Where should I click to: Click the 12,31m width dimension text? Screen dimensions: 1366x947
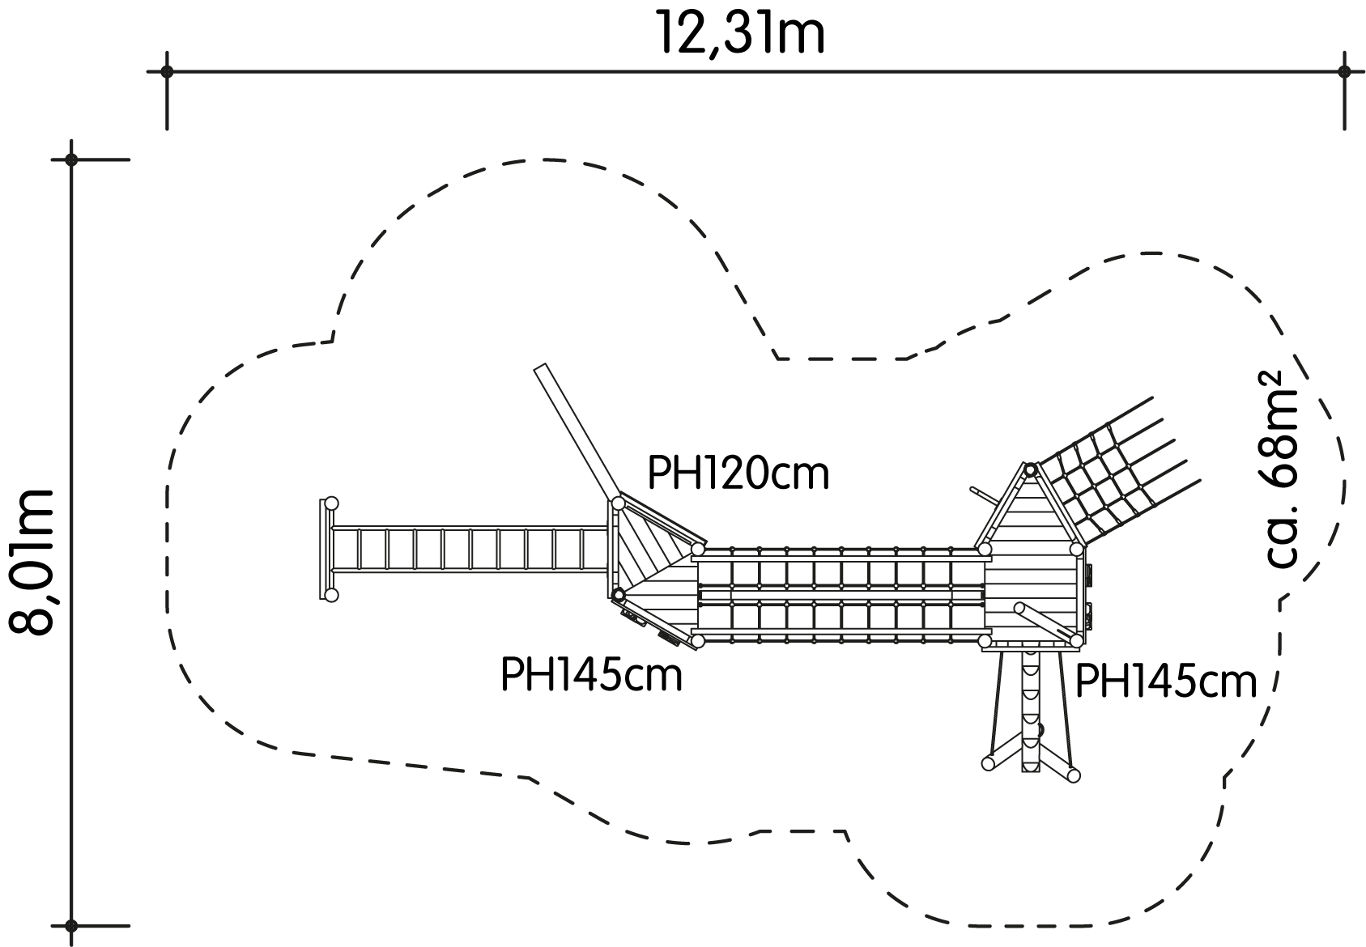pyautogui.click(x=740, y=33)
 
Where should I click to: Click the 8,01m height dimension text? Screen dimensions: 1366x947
pyautogui.click(x=32, y=563)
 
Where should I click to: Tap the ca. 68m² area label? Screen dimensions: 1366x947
pyautogui.click(x=1283, y=469)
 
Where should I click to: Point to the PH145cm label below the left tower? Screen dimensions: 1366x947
pyautogui.click(x=591, y=674)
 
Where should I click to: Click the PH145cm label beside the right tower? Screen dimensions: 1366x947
pyautogui.click(x=1166, y=682)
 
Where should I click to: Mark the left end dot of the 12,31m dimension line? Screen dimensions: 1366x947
pyautogui.click(x=167, y=72)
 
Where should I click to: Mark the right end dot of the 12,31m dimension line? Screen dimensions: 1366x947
pyautogui.click(x=1344, y=72)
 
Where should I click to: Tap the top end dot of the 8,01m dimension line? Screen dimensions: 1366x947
pyautogui.click(x=71, y=160)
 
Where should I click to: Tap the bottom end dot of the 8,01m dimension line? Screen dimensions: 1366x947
pyautogui.click(x=71, y=926)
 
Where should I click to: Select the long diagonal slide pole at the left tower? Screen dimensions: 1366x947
pyautogui.click(x=577, y=434)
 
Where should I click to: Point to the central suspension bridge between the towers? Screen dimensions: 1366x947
pyautogui.click(x=841, y=596)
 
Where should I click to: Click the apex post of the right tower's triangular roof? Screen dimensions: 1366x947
pyautogui.click(x=1030, y=469)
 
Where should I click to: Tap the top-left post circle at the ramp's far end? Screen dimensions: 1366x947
pyautogui.click(x=331, y=503)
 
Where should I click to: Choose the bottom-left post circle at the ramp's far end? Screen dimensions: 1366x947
pyautogui.click(x=331, y=595)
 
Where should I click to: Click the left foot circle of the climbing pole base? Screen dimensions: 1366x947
pyautogui.click(x=988, y=763)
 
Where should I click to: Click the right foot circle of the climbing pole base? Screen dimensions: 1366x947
pyautogui.click(x=1074, y=775)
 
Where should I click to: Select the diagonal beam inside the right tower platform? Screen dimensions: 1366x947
pyautogui.click(x=1047, y=622)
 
